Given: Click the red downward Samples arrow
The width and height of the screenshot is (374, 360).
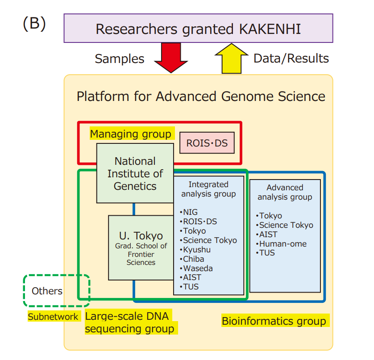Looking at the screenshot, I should pyautogui.click(x=170, y=57).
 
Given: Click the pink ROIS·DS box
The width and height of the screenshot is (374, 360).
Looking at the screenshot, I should pyautogui.click(x=207, y=143).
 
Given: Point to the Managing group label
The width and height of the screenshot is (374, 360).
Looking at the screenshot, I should pyautogui.click(x=130, y=134).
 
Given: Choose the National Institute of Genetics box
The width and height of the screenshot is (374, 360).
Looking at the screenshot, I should pyautogui.click(x=135, y=173).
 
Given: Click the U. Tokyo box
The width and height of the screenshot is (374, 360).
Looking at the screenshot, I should pyautogui.click(x=141, y=247).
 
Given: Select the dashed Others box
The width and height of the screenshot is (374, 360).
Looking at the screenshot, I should pyautogui.click(x=47, y=291).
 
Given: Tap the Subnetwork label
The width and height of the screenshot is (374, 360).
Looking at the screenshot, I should pyautogui.click(x=53, y=317).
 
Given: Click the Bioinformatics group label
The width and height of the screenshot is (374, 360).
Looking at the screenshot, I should pyautogui.click(x=274, y=321).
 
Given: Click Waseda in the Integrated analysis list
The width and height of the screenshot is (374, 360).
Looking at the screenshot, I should pyautogui.click(x=197, y=268).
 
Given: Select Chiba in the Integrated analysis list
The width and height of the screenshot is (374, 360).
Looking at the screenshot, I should pyautogui.click(x=193, y=259).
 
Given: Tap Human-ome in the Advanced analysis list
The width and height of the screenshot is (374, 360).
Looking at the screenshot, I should pyautogui.click(x=283, y=243).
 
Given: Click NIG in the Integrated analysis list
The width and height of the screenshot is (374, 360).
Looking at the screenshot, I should pyautogui.click(x=189, y=212).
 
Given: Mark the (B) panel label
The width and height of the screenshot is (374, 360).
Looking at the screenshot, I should pyautogui.click(x=34, y=24).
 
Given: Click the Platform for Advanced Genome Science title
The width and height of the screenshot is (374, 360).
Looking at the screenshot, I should pyautogui.click(x=201, y=96).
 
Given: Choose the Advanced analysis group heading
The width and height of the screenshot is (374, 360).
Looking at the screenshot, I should pyautogui.click(x=285, y=192).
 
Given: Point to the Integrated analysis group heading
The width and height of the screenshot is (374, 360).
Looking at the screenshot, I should pyautogui.click(x=208, y=189).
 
